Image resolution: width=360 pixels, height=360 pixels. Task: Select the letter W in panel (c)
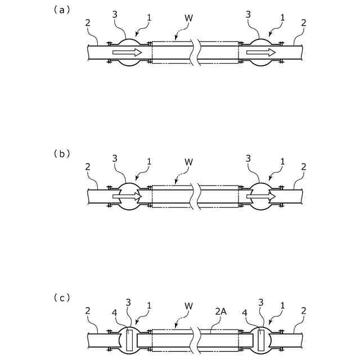point(189,307)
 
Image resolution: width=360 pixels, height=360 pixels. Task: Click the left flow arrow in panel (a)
point(127,52)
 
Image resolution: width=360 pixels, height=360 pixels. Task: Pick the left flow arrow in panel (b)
point(127,197)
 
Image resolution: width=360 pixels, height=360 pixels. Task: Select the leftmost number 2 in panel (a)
point(88,23)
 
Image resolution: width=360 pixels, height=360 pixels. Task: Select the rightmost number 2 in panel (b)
point(304,167)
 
